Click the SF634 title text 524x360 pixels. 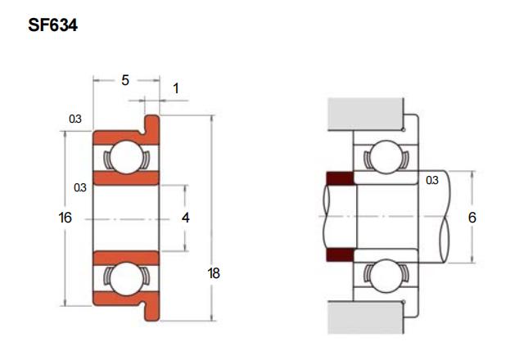(x=52, y=25)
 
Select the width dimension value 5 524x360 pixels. (x=125, y=80)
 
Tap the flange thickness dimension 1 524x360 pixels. (x=176, y=88)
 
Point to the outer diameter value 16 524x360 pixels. (x=65, y=218)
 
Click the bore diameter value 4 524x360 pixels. (x=186, y=218)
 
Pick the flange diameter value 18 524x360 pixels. (x=214, y=273)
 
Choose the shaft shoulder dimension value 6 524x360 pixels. (x=472, y=218)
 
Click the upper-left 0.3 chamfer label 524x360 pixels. (x=75, y=119)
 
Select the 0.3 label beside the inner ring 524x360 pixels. (x=80, y=187)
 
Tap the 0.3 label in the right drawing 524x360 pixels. (x=432, y=180)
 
